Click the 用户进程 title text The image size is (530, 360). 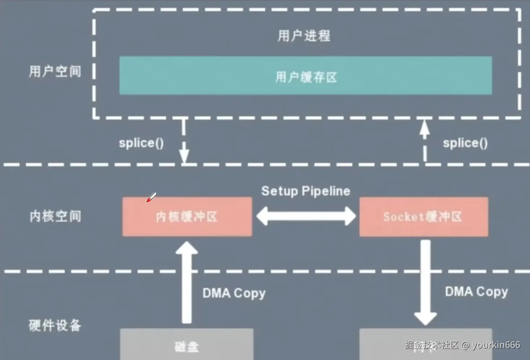(304, 36)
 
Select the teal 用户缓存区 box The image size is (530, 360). (305, 76)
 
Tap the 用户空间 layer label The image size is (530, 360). (55, 71)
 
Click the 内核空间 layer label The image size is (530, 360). (55, 216)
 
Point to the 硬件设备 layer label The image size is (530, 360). (55, 325)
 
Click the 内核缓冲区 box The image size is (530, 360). (187, 217)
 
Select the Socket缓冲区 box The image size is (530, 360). (423, 217)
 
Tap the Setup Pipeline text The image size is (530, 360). (305, 191)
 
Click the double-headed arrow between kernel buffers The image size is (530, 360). (306, 216)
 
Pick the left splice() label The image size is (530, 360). (141, 143)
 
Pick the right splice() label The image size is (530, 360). (465, 143)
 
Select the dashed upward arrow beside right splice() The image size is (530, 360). (424, 141)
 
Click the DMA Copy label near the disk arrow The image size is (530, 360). (234, 293)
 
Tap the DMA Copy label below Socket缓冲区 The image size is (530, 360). (476, 291)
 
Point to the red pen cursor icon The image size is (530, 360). (151, 197)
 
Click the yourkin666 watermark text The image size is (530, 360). (496, 345)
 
